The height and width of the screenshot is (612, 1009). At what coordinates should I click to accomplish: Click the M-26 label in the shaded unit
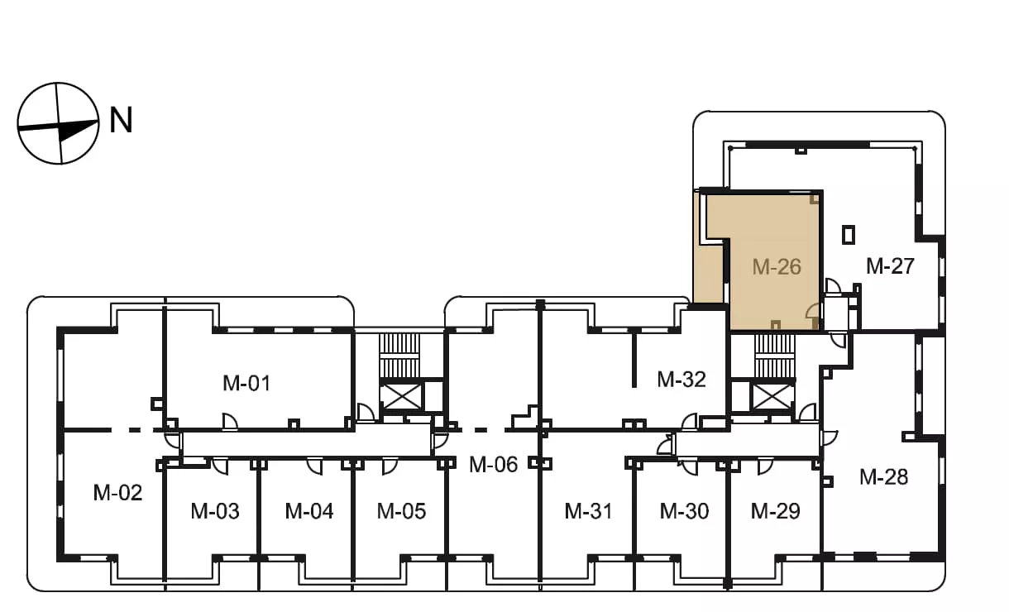coord(777,267)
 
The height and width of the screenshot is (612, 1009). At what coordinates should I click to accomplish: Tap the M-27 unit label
coord(890,266)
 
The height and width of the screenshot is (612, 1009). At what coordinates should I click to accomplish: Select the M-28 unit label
coord(883,477)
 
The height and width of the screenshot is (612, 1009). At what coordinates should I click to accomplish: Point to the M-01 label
coord(246,383)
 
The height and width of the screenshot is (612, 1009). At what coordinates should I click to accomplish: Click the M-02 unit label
coord(117,493)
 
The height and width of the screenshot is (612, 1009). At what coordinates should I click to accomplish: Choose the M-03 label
coord(215,511)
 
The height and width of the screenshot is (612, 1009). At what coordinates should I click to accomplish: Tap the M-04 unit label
coord(309,511)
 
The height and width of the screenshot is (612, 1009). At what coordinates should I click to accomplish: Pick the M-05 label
coord(401,511)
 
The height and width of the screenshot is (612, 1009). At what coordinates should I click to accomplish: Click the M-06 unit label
coord(493,464)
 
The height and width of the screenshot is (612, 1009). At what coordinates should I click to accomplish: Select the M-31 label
coord(589,511)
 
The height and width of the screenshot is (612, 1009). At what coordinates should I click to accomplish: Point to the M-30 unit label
coord(684,511)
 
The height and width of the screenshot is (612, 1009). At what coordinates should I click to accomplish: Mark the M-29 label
coord(776,511)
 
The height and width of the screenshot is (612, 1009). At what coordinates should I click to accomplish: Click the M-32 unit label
coord(681,380)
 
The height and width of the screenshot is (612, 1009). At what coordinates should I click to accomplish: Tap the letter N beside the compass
coord(122,120)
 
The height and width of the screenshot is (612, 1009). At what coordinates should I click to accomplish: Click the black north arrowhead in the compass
coord(78,130)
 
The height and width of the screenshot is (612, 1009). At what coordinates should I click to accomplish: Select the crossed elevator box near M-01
coord(401,397)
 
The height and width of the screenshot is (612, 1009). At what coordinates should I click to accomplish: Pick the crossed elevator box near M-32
coord(773,397)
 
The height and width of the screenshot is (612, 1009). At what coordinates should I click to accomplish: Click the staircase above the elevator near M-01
coord(400,356)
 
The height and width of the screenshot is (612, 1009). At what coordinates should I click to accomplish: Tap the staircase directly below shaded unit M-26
coord(773,356)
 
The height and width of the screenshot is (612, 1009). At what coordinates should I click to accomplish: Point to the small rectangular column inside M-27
coord(849,235)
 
